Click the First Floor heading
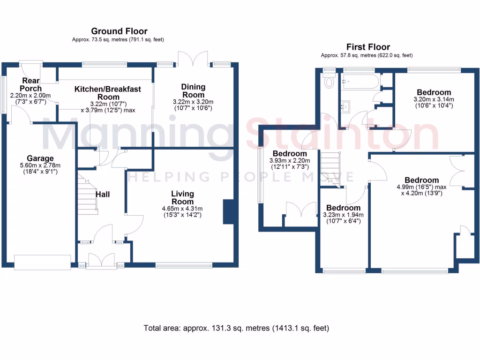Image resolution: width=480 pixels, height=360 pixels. [x=368, y=47]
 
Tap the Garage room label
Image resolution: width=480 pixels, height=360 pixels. [x=40, y=158]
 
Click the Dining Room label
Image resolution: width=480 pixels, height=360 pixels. [x=193, y=91]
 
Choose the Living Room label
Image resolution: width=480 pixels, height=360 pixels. [x=182, y=198]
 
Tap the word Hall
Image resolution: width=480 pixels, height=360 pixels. [x=103, y=194]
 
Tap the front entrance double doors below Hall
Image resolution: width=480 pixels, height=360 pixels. [x=101, y=261]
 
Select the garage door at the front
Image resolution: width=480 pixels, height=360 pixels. [x=42, y=262]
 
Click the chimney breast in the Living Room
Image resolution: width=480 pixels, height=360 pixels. [x=228, y=212]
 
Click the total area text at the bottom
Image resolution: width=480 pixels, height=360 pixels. [x=236, y=329]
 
